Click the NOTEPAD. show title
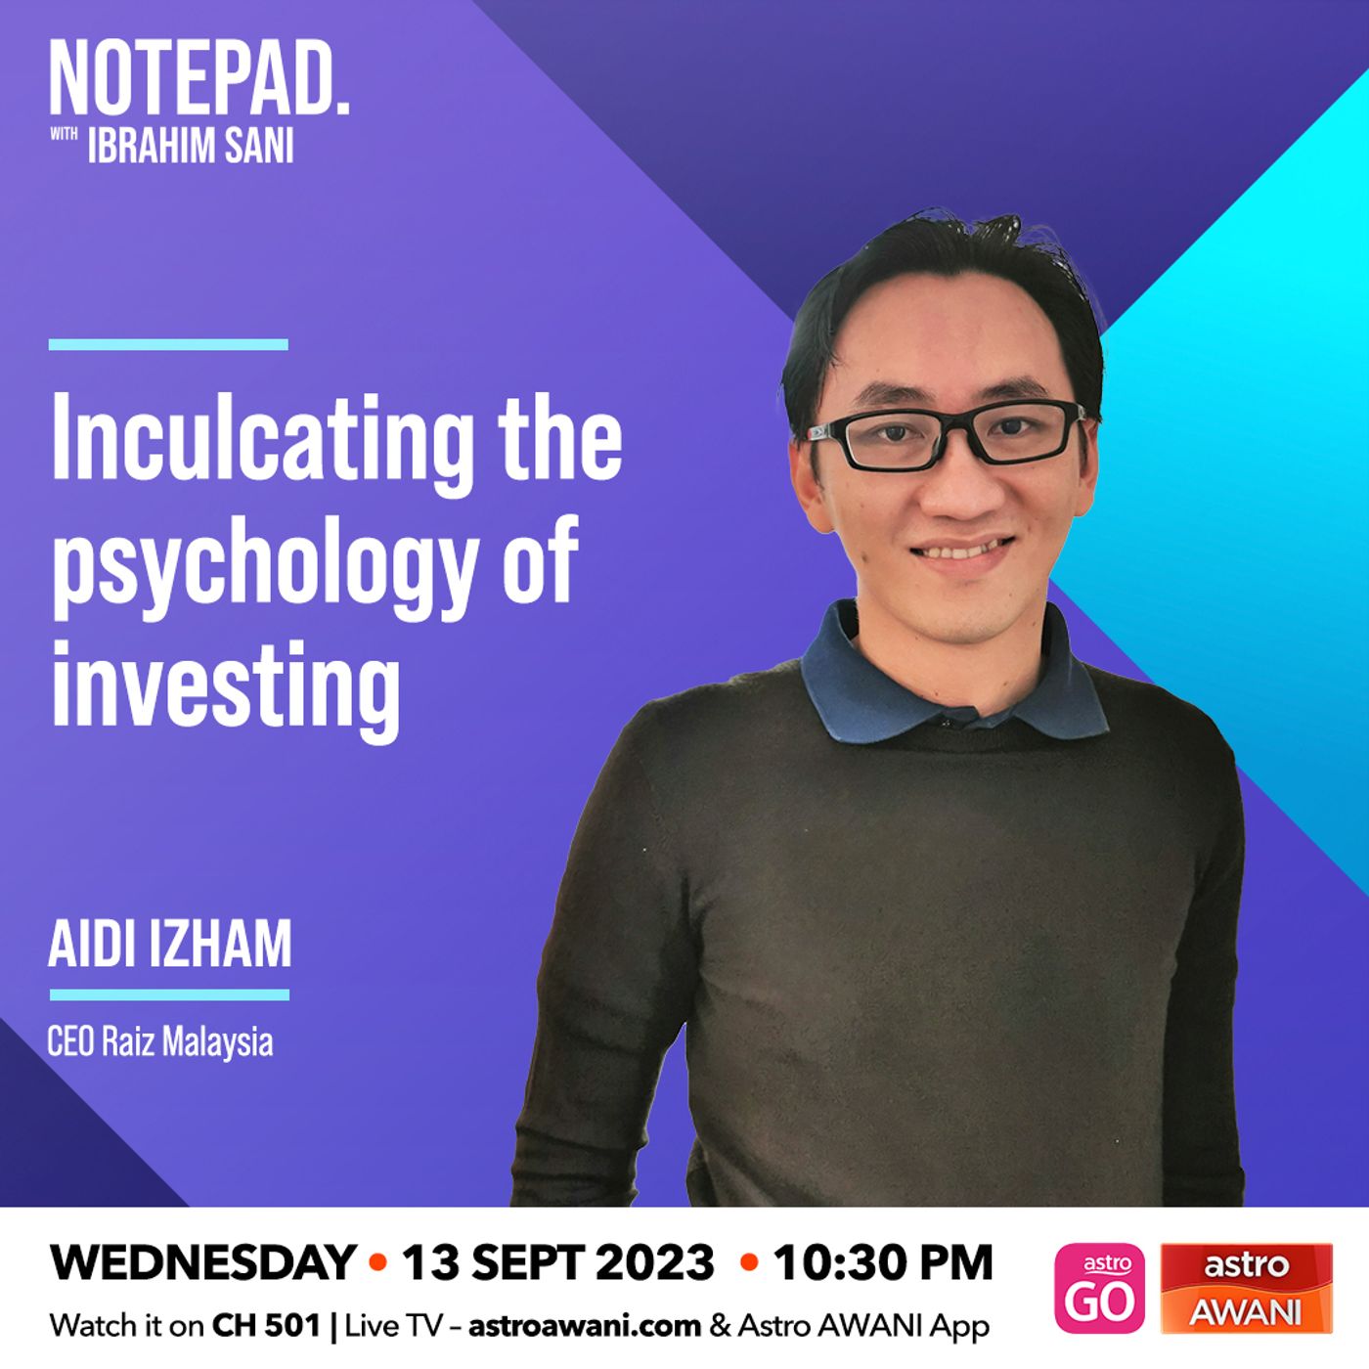click(199, 77)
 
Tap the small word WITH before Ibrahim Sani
click(64, 133)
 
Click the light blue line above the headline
click(168, 344)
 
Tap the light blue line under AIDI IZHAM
click(169, 994)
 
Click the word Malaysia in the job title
click(217, 1043)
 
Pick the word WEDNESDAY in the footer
click(202, 1262)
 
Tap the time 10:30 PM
click(882, 1262)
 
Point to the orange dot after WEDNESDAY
click(378, 1262)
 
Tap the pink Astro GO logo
click(1099, 1288)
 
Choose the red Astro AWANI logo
click(1247, 1288)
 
